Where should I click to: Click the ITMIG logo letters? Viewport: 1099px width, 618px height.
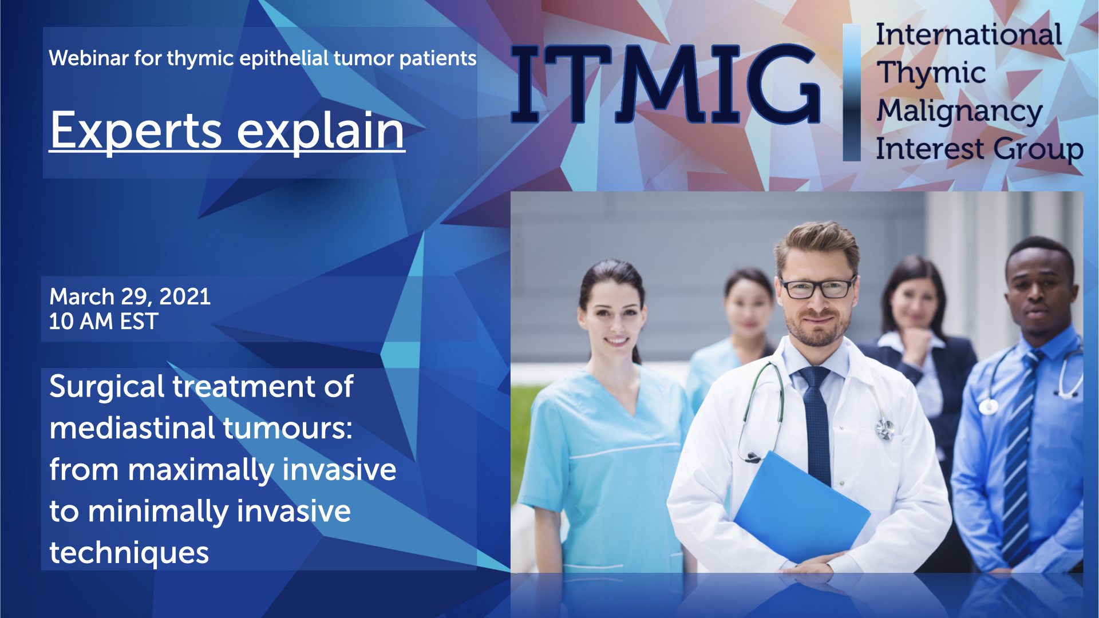click(666, 84)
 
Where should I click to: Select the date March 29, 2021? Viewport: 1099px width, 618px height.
click(130, 296)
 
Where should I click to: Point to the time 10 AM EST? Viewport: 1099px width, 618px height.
click(104, 322)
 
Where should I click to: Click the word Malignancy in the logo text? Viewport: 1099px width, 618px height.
click(960, 111)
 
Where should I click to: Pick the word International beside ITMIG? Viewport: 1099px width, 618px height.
click(968, 34)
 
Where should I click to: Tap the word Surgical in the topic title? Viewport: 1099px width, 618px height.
click(107, 387)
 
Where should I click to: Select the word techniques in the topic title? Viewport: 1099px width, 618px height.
click(129, 553)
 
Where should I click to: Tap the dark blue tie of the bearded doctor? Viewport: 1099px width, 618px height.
click(817, 423)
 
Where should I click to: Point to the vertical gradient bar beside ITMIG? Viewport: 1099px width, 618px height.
click(852, 92)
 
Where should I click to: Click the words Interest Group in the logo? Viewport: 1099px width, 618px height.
click(979, 149)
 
